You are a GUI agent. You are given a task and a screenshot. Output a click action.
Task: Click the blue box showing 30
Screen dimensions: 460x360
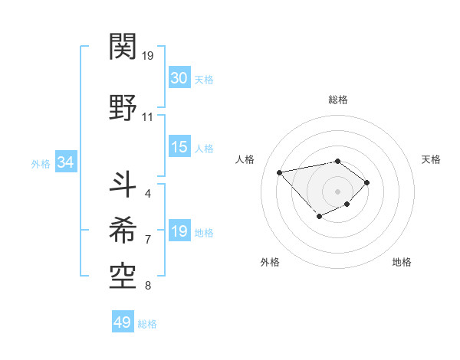pos(179,78)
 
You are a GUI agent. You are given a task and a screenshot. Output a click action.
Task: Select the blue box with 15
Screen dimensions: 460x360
pos(179,147)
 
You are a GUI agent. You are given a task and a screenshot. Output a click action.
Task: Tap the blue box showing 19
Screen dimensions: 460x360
pos(179,231)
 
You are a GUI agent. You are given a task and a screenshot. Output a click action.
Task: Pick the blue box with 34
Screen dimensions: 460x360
pos(65,162)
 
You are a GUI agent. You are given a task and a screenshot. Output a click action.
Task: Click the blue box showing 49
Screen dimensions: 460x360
pos(123,322)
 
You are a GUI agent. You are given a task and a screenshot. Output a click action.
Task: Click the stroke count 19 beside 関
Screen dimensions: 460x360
pos(148,56)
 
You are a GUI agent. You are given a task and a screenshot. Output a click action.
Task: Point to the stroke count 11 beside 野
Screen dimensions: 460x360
pos(148,117)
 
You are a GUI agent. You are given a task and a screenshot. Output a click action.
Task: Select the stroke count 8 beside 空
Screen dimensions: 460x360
pos(148,286)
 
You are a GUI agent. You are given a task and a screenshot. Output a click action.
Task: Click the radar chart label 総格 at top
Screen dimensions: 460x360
pos(338,100)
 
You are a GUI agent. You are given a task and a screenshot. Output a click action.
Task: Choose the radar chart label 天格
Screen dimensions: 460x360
pos(431,159)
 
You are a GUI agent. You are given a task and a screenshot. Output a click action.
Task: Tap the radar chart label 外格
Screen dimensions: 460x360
pos(270,262)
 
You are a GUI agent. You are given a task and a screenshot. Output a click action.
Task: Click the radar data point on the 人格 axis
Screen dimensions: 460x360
pos(279,172)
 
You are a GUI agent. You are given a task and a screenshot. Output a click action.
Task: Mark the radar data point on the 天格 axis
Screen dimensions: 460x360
pos(367,182)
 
